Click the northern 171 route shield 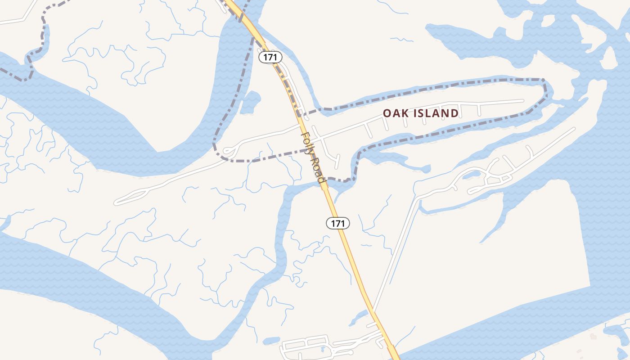pos(270,57)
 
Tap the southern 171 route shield pos(338,223)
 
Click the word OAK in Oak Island pos(395,113)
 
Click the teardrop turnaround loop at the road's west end pos(229,151)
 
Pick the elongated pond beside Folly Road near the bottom pos(359,317)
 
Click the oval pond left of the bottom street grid pos(271,341)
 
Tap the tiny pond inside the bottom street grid pos(322,349)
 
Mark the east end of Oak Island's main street pos(523,100)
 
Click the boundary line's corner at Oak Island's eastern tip pos(544,81)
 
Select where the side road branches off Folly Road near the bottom pos(373,312)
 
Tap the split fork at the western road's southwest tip pos(118,202)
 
